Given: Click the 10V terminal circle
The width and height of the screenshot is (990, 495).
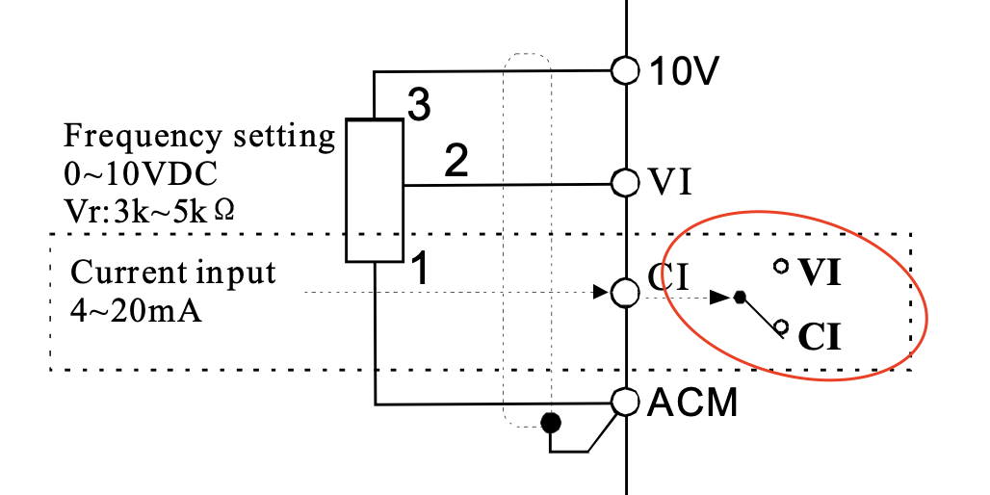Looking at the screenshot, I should (x=626, y=70).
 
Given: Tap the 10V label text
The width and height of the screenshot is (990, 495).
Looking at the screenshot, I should (x=682, y=71).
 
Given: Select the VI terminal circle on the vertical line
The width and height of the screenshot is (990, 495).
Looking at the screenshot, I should (x=626, y=182).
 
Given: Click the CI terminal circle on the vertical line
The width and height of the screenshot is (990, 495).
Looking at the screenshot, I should (x=626, y=291).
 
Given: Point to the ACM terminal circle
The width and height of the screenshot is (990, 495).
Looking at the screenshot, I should (x=626, y=402).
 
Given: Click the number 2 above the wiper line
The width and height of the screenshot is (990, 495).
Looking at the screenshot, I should (x=456, y=161).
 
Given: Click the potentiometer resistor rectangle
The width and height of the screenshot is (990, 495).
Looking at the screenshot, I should (x=375, y=191).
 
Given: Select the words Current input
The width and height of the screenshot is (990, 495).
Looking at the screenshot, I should (x=174, y=273).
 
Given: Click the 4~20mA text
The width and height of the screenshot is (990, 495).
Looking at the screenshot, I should (x=136, y=311).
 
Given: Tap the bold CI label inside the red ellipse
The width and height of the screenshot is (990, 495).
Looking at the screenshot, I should (x=819, y=336).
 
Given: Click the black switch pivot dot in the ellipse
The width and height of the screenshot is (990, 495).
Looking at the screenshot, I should (x=740, y=298).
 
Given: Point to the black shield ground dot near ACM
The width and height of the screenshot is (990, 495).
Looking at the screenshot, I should (x=550, y=422).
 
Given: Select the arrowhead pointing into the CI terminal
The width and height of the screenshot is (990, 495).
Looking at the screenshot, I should (x=601, y=291).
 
